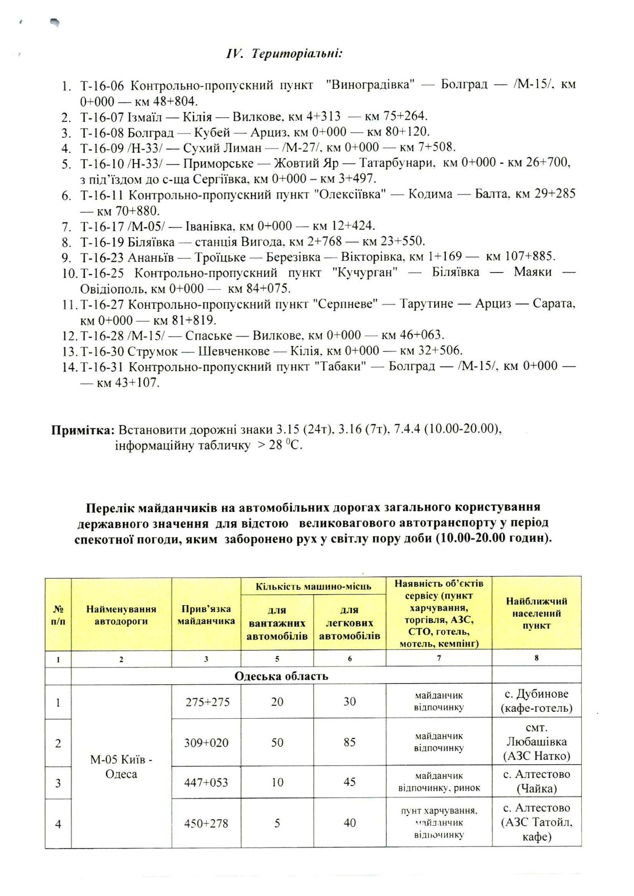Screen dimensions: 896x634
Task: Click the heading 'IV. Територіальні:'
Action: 285,54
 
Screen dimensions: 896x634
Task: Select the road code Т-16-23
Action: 102,258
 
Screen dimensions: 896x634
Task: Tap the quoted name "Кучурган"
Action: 365,273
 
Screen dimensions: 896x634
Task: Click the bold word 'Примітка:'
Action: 83,430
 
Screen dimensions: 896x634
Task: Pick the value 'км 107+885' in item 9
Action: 520,257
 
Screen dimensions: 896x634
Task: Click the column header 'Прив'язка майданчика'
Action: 206,615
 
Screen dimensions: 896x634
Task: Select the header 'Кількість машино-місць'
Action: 313,587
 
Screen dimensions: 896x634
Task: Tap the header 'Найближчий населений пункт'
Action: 537,613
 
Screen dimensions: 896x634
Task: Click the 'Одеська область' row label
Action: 281,676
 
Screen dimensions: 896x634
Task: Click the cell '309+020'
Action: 206,743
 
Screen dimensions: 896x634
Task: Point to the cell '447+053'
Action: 206,783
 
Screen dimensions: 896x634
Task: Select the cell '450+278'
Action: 206,824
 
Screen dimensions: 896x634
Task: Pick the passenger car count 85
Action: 349,742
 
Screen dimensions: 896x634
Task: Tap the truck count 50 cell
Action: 277,743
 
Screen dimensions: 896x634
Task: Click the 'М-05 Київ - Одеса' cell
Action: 121,767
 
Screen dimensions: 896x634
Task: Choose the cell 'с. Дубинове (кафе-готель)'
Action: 537,701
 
